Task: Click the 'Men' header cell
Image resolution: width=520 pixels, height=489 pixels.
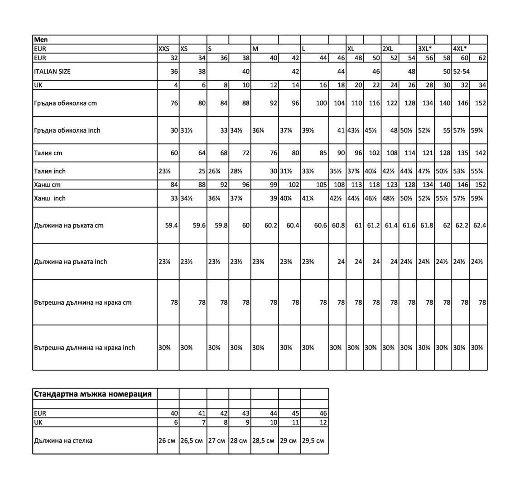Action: pos(41,40)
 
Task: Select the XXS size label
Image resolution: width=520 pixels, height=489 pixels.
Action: pos(164,49)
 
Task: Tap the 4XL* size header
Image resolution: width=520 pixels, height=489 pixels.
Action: pos(460,49)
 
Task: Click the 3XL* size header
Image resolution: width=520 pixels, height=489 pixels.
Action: pos(424,49)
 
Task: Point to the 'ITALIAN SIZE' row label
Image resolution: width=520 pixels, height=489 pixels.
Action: pos(53,72)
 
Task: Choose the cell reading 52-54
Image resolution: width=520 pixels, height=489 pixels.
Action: pos(462,72)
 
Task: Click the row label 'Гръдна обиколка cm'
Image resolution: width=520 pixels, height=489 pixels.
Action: pos(65,103)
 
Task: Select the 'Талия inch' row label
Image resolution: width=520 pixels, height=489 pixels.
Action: pos(50,171)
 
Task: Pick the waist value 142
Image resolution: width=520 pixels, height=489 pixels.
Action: pos(480,153)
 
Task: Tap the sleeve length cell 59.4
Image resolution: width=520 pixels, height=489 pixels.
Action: pos(171,225)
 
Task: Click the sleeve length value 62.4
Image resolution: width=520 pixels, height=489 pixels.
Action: pos(479,225)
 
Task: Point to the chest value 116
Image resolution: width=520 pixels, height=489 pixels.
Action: pos(374,103)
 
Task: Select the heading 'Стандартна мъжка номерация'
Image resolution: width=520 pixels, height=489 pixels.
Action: pos(93,394)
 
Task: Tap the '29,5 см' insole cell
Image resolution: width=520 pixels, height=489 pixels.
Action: pos(313,441)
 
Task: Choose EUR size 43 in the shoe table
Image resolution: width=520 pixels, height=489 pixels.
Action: pos(246,413)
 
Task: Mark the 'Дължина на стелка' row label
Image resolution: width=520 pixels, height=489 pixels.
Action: pos(63,441)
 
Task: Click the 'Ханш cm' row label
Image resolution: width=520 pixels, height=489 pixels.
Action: pos(47,185)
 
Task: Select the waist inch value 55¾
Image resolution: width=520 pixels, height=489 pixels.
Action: pos(477,171)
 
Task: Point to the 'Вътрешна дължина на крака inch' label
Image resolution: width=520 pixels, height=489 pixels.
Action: pos(85,348)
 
